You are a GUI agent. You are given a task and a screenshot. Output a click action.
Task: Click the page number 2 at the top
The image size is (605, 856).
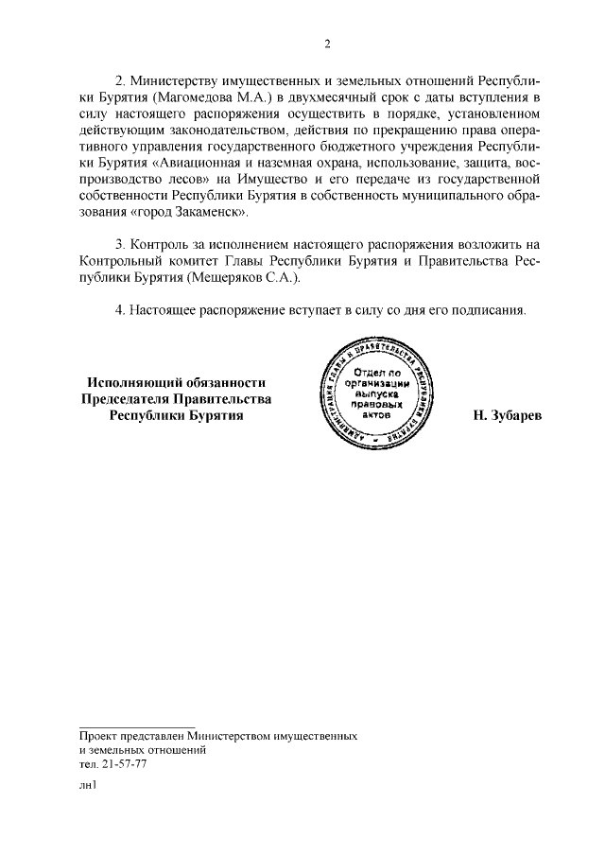coord(327,43)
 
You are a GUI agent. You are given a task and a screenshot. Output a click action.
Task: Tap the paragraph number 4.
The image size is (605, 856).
coord(119,309)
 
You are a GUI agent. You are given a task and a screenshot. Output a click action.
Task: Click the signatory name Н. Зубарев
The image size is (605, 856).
coord(508,416)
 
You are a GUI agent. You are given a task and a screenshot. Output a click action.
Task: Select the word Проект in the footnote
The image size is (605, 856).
coord(101,735)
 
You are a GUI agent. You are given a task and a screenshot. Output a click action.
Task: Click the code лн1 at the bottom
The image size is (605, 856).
coord(89,785)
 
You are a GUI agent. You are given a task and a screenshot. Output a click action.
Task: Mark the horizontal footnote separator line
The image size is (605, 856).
coord(136,726)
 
